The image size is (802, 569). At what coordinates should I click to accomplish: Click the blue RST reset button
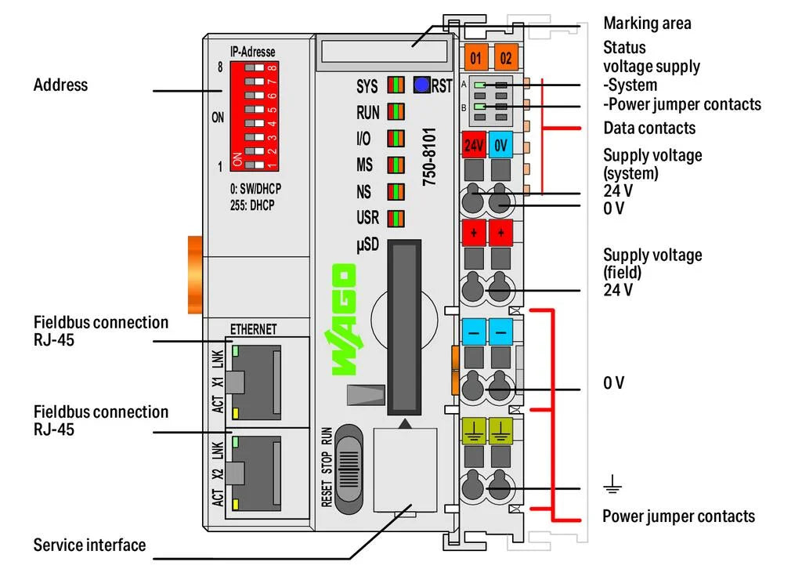click(x=421, y=85)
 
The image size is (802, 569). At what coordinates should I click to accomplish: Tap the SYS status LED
click(x=396, y=85)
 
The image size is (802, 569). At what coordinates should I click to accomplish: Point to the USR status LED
click(x=396, y=219)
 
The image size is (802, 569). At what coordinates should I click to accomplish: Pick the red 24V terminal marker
click(x=474, y=145)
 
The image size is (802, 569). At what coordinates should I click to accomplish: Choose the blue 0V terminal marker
click(x=501, y=145)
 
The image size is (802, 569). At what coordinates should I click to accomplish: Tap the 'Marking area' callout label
click(x=647, y=24)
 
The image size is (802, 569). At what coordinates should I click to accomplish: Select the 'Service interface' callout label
click(x=89, y=545)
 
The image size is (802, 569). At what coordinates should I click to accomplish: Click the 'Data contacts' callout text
click(x=649, y=128)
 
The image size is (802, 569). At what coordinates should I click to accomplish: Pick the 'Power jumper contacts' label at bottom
click(x=678, y=516)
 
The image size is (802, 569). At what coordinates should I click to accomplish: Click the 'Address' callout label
click(x=61, y=85)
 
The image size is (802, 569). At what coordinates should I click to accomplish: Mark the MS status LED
click(x=396, y=165)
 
